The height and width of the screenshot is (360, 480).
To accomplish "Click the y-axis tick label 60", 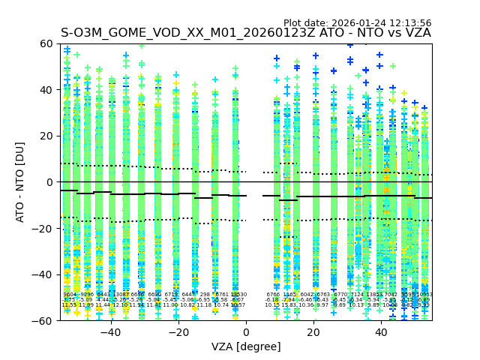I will click(x=47, y=43).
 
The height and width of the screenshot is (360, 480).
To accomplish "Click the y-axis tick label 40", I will click(x=47, y=90).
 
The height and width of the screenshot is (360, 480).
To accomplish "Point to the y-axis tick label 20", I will click(x=47, y=136).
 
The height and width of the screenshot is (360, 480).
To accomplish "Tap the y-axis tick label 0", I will click(x=50, y=182).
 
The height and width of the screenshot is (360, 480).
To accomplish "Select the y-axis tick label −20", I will click(x=44, y=228).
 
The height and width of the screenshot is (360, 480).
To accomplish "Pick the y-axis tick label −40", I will click(x=44, y=274).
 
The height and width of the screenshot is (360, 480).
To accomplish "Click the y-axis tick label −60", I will click(x=44, y=320).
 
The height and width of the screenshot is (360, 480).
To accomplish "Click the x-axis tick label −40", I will click(x=110, y=332).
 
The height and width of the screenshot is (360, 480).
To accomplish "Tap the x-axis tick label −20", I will click(x=178, y=332).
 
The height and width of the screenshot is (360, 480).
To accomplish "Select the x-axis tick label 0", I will click(x=246, y=332).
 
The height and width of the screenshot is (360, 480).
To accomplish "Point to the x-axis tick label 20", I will click(x=313, y=332).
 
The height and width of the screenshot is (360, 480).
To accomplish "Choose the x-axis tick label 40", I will click(x=381, y=332).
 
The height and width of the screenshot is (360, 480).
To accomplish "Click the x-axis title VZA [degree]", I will click(x=246, y=346).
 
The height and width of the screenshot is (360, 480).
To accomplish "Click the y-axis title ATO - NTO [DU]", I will click(x=21, y=182).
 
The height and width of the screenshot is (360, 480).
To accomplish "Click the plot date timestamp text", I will click(x=357, y=23).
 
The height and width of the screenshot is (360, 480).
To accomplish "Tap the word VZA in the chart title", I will click(x=417, y=33).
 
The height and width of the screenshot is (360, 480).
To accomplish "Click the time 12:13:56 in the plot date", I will click(x=408, y=23).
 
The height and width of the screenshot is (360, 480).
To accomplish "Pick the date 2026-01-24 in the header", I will click(x=356, y=23).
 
